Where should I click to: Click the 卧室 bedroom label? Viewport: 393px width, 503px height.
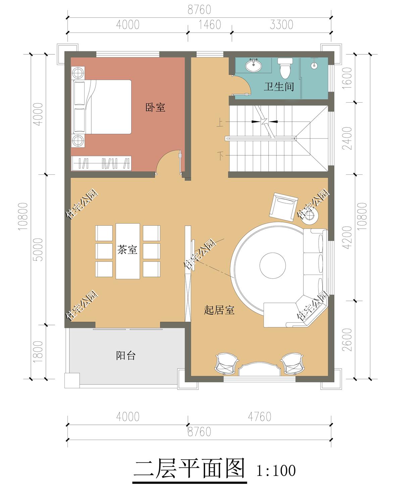(x=155, y=108)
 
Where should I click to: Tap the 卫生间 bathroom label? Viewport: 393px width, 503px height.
(x=279, y=87)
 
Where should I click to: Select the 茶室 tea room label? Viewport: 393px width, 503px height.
(x=127, y=249)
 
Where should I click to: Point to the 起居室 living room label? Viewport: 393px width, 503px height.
(x=219, y=310)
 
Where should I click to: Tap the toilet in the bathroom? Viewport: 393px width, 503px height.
(x=285, y=68)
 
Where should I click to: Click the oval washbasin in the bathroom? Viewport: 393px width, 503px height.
(x=254, y=65)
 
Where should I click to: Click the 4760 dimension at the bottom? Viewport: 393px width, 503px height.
(x=260, y=417)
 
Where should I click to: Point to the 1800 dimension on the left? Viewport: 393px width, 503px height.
(x=38, y=352)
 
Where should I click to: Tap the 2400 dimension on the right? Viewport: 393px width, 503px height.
(x=347, y=138)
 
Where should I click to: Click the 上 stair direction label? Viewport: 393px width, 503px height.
(x=219, y=122)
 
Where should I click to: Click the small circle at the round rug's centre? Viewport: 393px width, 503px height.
(x=273, y=265)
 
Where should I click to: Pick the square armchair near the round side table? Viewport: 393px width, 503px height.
(x=284, y=207)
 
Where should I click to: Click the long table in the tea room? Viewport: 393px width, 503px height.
(x=128, y=251)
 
